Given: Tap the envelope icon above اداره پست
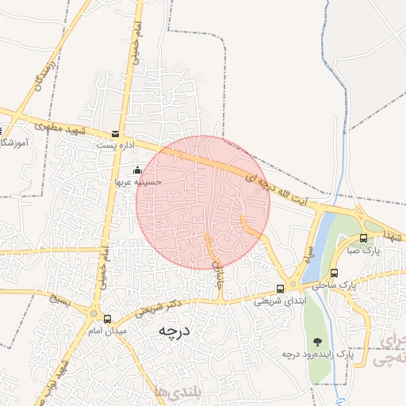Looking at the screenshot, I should [116, 134].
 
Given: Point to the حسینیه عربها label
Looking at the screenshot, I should [136, 182].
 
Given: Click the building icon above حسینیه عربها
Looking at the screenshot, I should [137, 170].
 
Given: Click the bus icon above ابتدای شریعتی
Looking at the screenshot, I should [280, 289].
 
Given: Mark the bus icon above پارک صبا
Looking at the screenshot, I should [363, 238].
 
